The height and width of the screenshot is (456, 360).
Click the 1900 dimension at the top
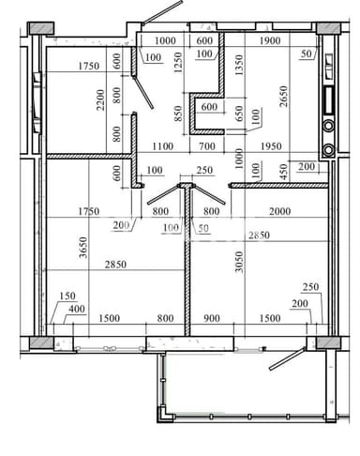270,40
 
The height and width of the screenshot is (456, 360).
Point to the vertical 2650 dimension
283,97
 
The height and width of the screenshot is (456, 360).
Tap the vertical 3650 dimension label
82,247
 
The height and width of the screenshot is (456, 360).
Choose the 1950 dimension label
271,146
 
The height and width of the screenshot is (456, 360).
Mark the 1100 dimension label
166,146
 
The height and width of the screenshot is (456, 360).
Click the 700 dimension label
208,146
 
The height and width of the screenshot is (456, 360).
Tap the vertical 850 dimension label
180,115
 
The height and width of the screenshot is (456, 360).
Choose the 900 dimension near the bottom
211,318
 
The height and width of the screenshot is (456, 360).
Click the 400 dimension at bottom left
77,309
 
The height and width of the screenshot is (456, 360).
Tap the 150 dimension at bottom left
68,296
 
